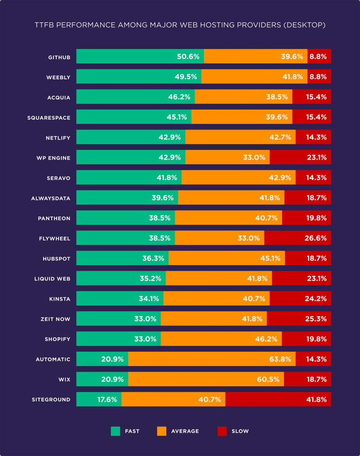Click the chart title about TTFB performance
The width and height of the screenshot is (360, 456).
coord(180,25)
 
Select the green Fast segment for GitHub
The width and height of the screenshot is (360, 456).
coord(127,57)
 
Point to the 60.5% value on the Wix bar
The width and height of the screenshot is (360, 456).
coord(268,380)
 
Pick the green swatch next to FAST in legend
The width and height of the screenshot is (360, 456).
coord(115,431)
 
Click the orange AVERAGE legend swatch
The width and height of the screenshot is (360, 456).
coord(162,431)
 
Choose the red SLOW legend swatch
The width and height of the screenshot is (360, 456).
coord(222,431)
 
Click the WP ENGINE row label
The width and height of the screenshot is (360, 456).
coord(53,158)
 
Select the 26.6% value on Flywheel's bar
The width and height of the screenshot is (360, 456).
coord(315,238)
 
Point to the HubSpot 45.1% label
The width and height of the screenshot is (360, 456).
coord(270,258)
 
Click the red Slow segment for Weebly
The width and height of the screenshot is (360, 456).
coord(319,77)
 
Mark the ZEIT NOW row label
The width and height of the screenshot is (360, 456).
coord(55,319)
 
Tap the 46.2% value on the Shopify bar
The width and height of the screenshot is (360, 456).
coord(266,339)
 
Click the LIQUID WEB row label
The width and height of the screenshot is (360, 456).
coord(52,279)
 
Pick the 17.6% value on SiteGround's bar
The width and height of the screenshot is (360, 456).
coord(107,400)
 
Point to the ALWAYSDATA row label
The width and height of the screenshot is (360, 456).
coord(51,198)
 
